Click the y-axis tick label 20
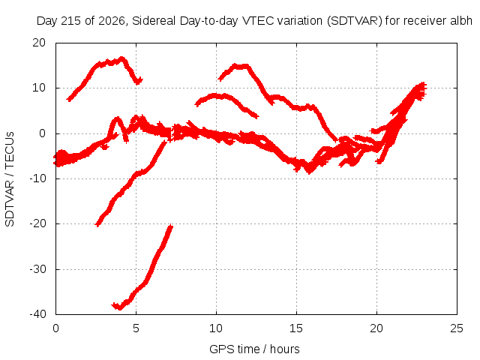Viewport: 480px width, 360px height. click(39, 43)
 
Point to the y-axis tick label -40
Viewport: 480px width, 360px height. click(37, 314)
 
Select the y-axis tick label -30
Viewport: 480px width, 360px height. click(37, 269)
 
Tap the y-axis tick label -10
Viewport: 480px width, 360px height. click(37, 178)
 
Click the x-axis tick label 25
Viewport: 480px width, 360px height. click(457, 328)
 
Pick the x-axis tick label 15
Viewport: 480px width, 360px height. click(296, 328)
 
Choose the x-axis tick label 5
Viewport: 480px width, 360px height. click(136, 328)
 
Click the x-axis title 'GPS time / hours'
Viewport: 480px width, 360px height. click(254, 349)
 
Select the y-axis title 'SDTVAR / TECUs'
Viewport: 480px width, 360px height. click(10, 179)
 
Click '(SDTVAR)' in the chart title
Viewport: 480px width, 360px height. click(354, 21)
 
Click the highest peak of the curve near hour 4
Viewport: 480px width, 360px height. click(122, 58)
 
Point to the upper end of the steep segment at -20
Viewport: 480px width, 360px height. click(171, 226)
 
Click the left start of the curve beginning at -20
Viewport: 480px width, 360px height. click(97, 225)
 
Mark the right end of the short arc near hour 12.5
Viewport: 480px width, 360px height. click(257, 116)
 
